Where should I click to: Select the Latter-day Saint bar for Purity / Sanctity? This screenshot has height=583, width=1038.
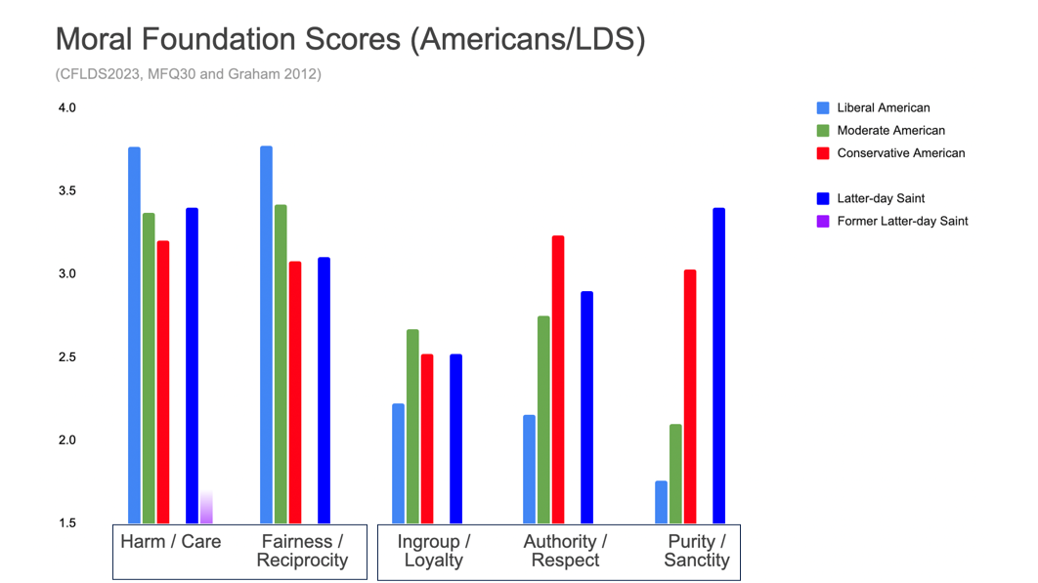coord(718,365)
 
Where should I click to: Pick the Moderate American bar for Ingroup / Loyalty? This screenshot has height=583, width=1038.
coord(412,426)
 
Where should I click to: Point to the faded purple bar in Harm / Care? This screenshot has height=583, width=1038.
coord(206,508)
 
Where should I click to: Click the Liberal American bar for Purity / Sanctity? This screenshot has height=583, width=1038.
coord(661,502)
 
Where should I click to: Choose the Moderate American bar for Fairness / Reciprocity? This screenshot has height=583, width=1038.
coord(281,363)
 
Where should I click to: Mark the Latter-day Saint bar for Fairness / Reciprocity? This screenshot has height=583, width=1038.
coord(324,390)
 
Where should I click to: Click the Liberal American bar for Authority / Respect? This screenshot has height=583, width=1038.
coord(529,469)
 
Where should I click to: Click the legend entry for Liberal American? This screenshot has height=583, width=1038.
coord(883,107)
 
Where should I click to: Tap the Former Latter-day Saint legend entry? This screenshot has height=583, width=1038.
coord(901,221)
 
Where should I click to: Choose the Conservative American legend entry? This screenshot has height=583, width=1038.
coord(899,152)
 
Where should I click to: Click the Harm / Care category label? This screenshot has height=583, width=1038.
coord(170,541)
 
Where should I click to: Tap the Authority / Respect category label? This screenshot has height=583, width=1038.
coord(565,551)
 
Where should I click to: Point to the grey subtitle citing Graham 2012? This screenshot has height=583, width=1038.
coord(188,73)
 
